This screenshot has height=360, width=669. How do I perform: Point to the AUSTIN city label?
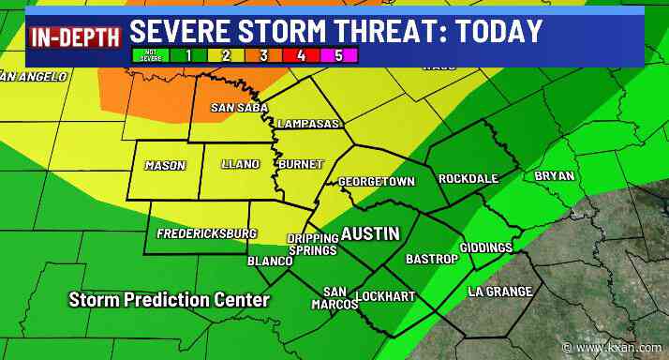tap(369, 233)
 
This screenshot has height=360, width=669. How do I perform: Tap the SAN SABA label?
tap(234, 108)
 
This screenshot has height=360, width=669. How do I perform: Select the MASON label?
tap(165, 166)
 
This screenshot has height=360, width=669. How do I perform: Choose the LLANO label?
tap(240, 165)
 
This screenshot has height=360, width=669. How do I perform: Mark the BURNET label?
tap(300, 165)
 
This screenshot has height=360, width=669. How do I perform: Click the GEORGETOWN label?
tap(376, 181)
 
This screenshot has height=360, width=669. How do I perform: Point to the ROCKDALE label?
tap(468, 178)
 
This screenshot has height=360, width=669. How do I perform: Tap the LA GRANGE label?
tap(500, 292)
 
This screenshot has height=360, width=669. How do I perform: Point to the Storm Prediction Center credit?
tap(169, 300)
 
